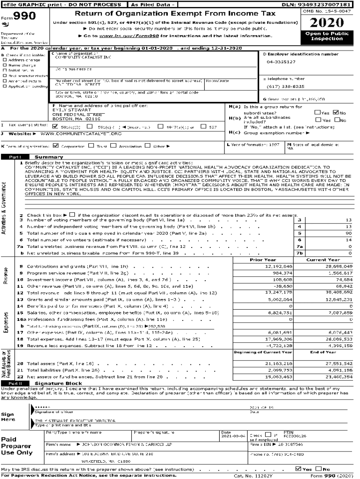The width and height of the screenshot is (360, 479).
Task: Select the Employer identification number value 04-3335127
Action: click(281, 62)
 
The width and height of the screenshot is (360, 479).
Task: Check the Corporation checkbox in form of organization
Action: click(56, 145)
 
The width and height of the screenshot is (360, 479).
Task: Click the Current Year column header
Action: click(323, 260)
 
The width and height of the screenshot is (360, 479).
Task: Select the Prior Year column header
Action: click(263, 260)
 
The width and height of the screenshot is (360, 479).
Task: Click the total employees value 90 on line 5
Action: click(349, 233)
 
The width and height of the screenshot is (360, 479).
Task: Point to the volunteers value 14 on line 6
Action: click(349, 239)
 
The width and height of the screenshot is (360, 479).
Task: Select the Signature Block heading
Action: click(52, 384)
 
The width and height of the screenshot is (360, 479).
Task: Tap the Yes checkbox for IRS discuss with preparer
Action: click(299, 469)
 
